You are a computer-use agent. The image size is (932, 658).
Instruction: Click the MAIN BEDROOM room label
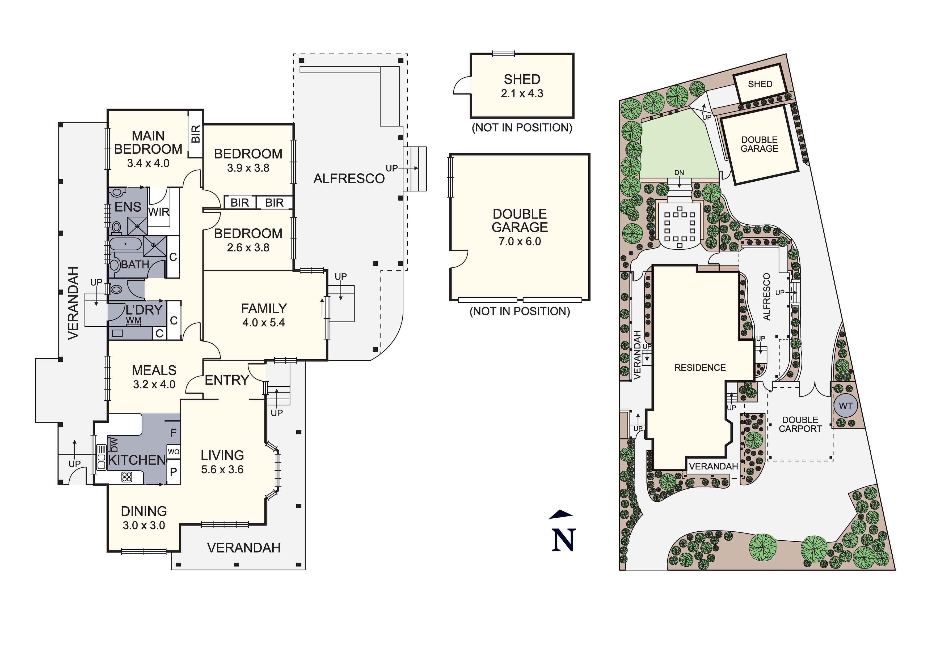[148, 142]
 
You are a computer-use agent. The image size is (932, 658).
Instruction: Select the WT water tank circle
[846, 406]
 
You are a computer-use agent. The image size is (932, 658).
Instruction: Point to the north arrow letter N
[563, 540]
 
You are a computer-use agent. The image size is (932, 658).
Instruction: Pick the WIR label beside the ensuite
[158, 212]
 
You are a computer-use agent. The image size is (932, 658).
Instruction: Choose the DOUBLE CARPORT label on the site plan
[800, 424]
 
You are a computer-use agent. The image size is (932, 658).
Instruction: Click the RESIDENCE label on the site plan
[700, 368]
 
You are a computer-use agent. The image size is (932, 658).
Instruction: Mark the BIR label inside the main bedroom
[196, 134]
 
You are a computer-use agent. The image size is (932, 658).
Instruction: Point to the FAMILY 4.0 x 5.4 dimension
[264, 323]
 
